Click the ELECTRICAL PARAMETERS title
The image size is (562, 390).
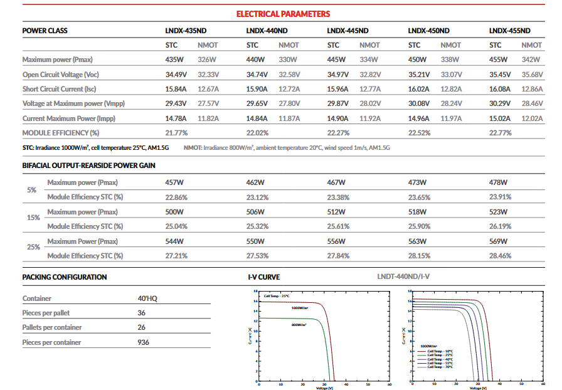pyautogui.click(x=283, y=14)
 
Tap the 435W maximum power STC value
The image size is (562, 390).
pyautogui.click(x=174, y=60)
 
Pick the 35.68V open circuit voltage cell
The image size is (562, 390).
pyautogui.click(x=532, y=74)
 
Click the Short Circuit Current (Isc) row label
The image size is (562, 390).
pyautogui.click(x=59, y=89)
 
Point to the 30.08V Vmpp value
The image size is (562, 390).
pyautogui.click(x=419, y=103)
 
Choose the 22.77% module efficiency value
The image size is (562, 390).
pyautogui.click(x=500, y=132)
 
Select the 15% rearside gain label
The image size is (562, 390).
pyautogui.click(x=34, y=218)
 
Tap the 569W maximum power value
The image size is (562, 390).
pyautogui.click(x=498, y=241)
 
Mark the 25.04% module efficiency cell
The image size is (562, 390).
pyautogui.click(x=176, y=226)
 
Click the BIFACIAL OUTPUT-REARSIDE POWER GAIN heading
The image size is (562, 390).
pyautogui.click(x=89, y=166)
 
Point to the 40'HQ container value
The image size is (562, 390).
pyautogui.click(x=147, y=298)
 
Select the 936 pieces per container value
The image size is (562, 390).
pyautogui.click(x=144, y=342)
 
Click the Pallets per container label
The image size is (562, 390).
pyautogui.click(x=52, y=327)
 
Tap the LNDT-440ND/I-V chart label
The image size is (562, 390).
pyautogui.click(x=404, y=277)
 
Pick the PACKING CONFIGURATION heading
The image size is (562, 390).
pyautogui.click(x=65, y=277)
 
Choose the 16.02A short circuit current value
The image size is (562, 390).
pyautogui.click(x=419, y=89)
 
